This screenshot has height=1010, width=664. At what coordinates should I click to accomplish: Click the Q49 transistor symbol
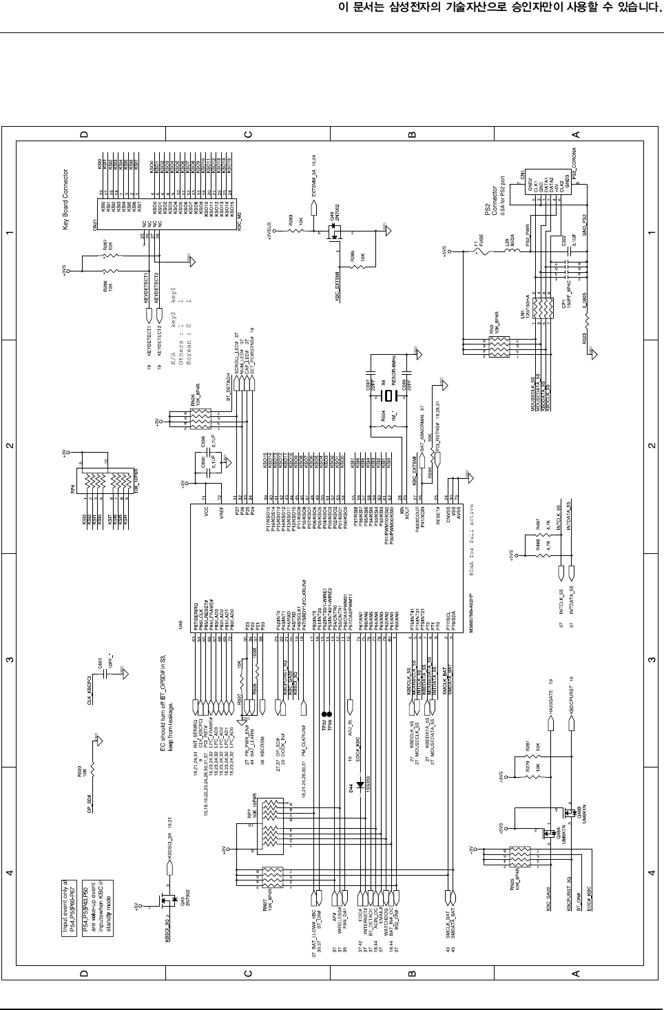click(335, 236)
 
